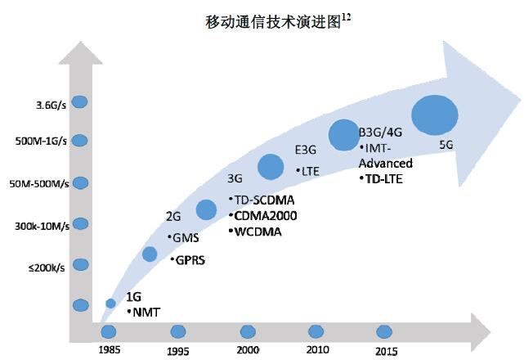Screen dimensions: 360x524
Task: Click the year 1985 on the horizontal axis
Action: [x=109, y=349]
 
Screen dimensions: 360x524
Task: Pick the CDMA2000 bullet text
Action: [x=262, y=216]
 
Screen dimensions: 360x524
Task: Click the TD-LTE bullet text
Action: [x=384, y=178]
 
